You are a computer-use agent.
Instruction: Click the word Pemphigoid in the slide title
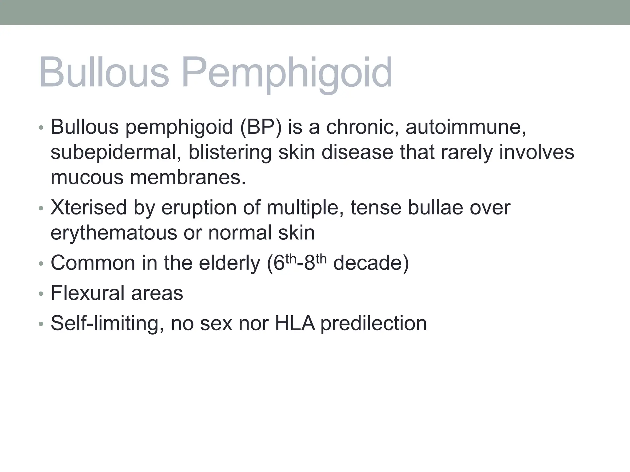pos(287,73)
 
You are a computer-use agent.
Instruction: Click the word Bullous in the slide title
pos(104,73)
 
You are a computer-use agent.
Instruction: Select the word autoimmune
pos(466,127)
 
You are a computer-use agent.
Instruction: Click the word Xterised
pos(89,207)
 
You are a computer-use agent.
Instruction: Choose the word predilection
pos(373,324)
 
